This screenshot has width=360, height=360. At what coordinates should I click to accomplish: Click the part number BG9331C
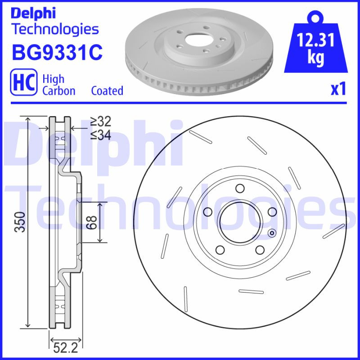[57, 52]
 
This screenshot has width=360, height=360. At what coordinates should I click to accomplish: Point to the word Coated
[107, 90]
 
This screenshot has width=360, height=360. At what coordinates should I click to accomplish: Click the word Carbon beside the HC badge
[58, 90]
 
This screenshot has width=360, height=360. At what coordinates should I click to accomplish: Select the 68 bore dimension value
[92, 222]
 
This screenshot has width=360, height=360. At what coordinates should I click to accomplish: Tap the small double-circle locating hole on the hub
[271, 233]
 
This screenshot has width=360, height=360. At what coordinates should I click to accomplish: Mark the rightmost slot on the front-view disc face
[333, 231]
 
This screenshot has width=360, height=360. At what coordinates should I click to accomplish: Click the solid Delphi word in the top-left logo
[33, 13]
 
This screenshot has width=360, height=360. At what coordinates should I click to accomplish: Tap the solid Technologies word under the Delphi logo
[55, 29]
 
